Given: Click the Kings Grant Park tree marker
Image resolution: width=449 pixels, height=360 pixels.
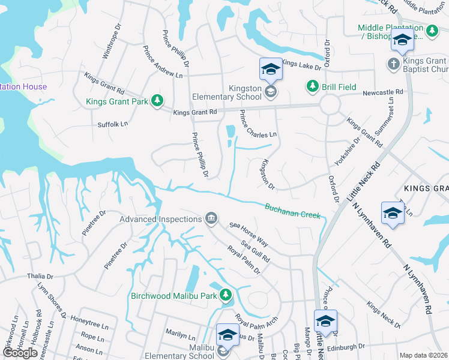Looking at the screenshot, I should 157,100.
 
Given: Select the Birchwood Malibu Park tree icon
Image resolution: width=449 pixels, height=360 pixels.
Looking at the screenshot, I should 225,295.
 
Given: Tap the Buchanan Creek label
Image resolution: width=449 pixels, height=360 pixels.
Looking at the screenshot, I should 293,211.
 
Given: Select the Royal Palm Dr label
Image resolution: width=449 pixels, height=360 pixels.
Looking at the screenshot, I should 243,259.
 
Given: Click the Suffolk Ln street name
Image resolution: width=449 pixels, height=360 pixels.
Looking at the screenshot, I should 113,124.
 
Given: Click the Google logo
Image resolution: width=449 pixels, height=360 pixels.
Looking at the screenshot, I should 20,353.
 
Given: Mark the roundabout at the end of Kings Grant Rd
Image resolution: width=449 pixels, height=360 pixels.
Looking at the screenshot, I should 330,106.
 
